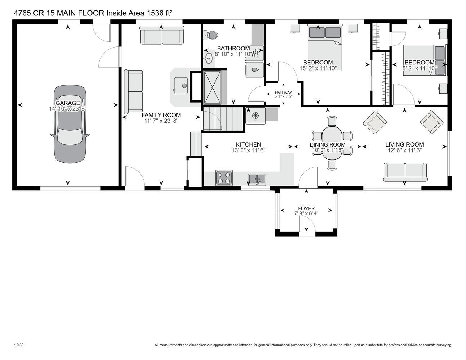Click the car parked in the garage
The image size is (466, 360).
pyautogui.click(x=70, y=124)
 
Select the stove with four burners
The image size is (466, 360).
pyautogui.click(x=224, y=178)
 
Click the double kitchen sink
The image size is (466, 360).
pyautogui.click(x=257, y=179)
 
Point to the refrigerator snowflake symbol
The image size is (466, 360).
pyautogui.click(x=255, y=116)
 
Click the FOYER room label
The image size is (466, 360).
pyautogui.click(x=306, y=208)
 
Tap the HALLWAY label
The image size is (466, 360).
pyautogui.click(x=283, y=93)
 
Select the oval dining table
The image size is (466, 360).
pyautogui.click(x=332, y=143)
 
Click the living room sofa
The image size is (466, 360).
pyautogui.click(x=405, y=172)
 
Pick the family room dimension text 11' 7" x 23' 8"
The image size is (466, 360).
pyautogui.click(x=161, y=121)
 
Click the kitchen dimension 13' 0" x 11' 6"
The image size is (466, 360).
pyautogui.click(x=248, y=150)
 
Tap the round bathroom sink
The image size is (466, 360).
pyautogui.click(x=208, y=58)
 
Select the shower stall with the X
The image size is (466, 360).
pyautogui.click(x=212, y=87)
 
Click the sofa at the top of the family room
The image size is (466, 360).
pyautogui.click(x=162, y=35)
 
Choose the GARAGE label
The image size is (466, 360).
pyautogui.click(x=68, y=103)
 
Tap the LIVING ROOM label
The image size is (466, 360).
pyautogui.click(x=404, y=144)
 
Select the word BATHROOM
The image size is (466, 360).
pyautogui.click(x=233, y=48)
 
